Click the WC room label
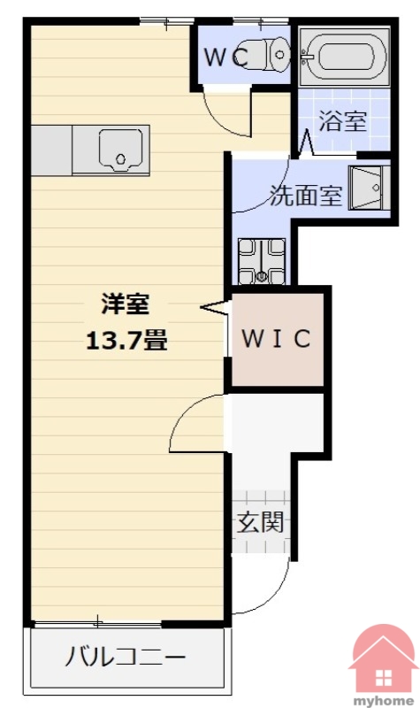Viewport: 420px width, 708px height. pyautogui.click(x=226, y=57)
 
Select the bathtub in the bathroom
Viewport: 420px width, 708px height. pyautogui.click(x=344, y=57)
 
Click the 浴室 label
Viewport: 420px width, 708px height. pyautogui.click(x=343, y=121)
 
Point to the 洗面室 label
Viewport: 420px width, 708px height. pyautogui.click(x=306, y=196)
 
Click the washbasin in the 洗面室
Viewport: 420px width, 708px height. pyautogui.click(x=370, y=188)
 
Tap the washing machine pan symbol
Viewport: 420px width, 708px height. pyautogui.click(x=262, y=261)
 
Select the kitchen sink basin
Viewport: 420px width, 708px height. pyautogui.click(x=120, y=150)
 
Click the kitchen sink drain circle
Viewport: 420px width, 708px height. pyautogui.click(x=120, y=159)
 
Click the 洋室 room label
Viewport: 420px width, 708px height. pyautogui.click(x=126, y=304)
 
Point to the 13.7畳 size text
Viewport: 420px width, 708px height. pyautogui.click(x=126, y=341)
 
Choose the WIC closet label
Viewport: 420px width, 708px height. pyautogui.click(x=277, y=338)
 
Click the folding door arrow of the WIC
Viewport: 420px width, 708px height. pyautogui.click(x=214, y=307)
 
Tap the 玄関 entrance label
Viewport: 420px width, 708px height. pyautogui.click(x=260, y=522)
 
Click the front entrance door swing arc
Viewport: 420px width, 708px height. pyautogui.click(x=274, y=596)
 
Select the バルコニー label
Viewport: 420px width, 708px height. pyautogui.click(x=126, y=657)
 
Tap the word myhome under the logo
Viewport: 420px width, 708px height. pyautogui.click(x=384, y=701)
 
